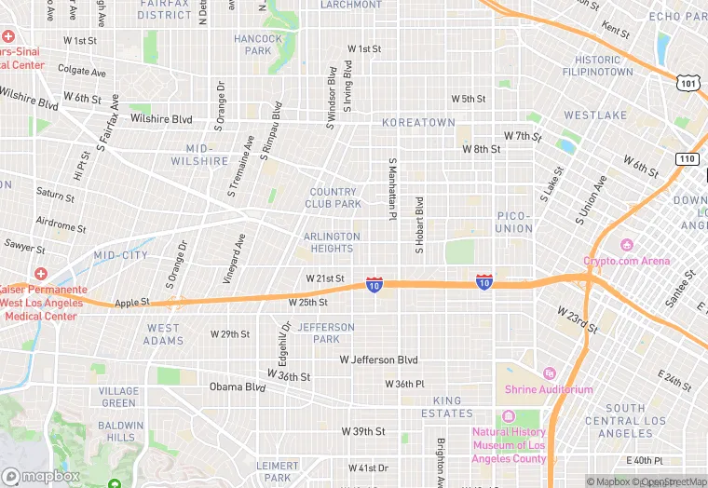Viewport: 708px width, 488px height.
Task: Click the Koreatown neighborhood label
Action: point(418,123)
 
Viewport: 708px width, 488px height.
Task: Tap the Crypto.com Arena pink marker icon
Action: point(627,246)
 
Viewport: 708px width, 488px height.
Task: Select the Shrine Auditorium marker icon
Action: point(549,373)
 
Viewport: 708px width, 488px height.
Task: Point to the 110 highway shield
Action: point(688,159)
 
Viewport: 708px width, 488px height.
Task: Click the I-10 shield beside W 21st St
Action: point(374,283)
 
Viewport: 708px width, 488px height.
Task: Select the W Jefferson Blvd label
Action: point(378,359)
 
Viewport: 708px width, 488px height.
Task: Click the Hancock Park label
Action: point(258,45)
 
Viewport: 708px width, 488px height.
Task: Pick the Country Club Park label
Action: point(334,197)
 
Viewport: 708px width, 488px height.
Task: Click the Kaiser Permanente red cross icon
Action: point(40,274)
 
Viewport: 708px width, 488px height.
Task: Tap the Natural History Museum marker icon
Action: point(508,416)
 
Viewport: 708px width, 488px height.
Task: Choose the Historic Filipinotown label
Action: point(597,66)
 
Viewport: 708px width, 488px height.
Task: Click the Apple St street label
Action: point(131,304)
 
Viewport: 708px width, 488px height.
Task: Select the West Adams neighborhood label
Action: point(164,334)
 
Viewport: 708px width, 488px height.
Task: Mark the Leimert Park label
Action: point(278,471)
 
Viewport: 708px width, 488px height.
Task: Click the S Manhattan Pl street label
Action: point(392,188)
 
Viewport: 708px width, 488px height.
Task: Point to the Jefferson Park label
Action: point(326,333)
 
